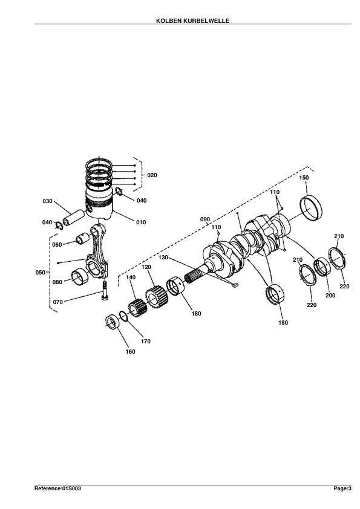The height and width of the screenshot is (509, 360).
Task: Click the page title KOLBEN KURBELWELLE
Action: point(192,21)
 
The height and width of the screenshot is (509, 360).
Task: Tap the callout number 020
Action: point(152,175)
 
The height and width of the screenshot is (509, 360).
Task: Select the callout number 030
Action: point(47,201)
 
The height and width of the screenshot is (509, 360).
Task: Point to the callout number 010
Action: point(141,222)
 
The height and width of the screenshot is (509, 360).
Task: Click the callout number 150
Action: point(304,178)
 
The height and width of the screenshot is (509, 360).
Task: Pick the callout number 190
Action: point(283,323)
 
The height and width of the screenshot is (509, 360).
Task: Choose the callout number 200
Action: point(330,296)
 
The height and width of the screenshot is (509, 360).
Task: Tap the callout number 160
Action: point(130,352)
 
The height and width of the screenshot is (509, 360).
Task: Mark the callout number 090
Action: point(205,219)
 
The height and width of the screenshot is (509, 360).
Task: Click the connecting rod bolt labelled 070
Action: point(105,291)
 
